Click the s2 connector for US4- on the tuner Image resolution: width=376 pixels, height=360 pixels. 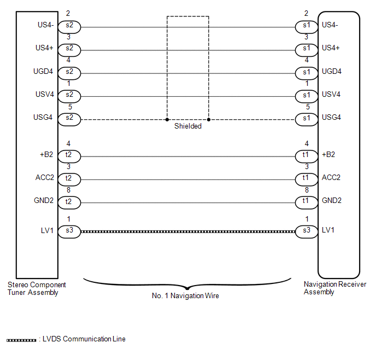69,26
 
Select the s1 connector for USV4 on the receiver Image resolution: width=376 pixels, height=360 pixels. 306,95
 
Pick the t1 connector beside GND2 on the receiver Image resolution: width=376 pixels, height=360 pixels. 306,202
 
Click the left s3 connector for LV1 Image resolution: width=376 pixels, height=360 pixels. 69,231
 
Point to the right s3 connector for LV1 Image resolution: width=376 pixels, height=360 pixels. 306,231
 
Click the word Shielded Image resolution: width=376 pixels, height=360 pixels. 188,126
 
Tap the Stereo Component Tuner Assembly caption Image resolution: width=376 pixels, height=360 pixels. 37,288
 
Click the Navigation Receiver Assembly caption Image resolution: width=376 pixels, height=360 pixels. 335,288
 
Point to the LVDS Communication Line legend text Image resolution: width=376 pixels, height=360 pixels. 84,339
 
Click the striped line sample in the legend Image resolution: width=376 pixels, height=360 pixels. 21,340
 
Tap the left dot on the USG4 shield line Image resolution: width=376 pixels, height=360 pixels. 167,118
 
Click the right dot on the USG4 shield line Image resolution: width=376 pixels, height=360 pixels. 209,118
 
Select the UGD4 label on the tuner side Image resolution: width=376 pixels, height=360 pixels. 44,71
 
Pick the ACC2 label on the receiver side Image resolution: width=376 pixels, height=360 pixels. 331,177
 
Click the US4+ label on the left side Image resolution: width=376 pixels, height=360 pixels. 44,48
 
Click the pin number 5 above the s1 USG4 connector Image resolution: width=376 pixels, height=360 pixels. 307,107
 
